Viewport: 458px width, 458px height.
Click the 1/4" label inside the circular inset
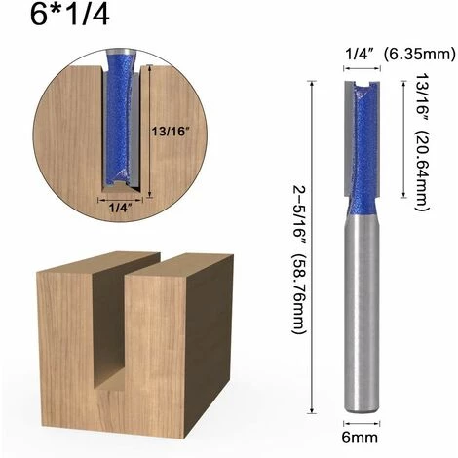pyautogui.click(x=119, y=206)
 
